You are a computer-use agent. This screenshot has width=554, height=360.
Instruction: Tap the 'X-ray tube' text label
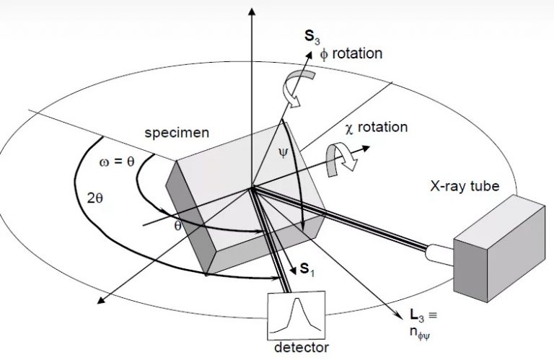point(463,187)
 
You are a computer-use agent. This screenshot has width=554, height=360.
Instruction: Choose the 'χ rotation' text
point(377,127)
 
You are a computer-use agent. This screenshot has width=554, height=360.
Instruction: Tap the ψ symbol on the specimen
point(282,154)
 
